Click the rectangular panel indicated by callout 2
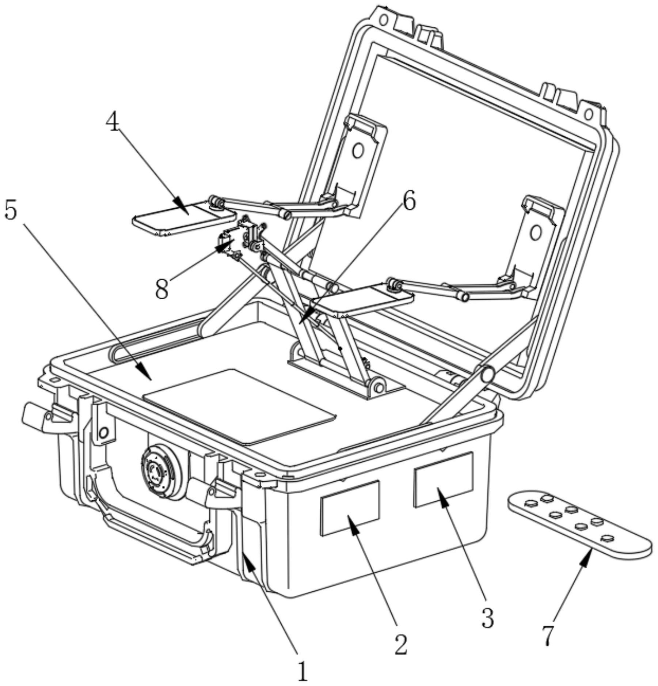tap(350, 508)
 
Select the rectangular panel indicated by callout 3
tap(443, 480)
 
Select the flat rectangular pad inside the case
tap(239, 406)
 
